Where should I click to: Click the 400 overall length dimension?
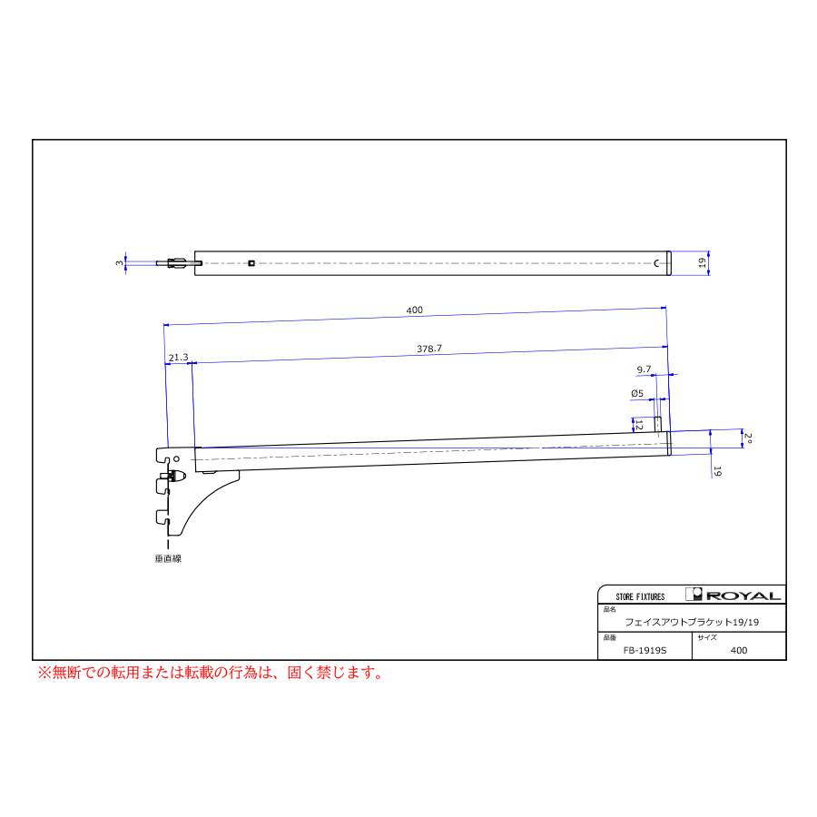pyautogui.click(x=414, y=310)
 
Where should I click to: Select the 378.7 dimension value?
pyautogui.click(x=429, y=349)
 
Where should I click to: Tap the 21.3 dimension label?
pyautogui.click(x=178, y=358)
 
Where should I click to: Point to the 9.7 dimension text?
pyautogui.click(x=644, y=369)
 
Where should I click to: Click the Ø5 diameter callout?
pyautogui.click(x=637, y=393)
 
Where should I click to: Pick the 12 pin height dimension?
pyautogui.click(x=639, y=426)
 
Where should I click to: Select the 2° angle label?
pyautogui.click(x=748, y=438)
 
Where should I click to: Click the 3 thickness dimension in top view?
pyautogui.click(x=119, y=263)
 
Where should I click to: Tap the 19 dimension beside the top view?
pyautogui.click(x=703, y=263)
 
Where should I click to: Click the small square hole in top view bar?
pyautogui.click(x=251, y=263)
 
